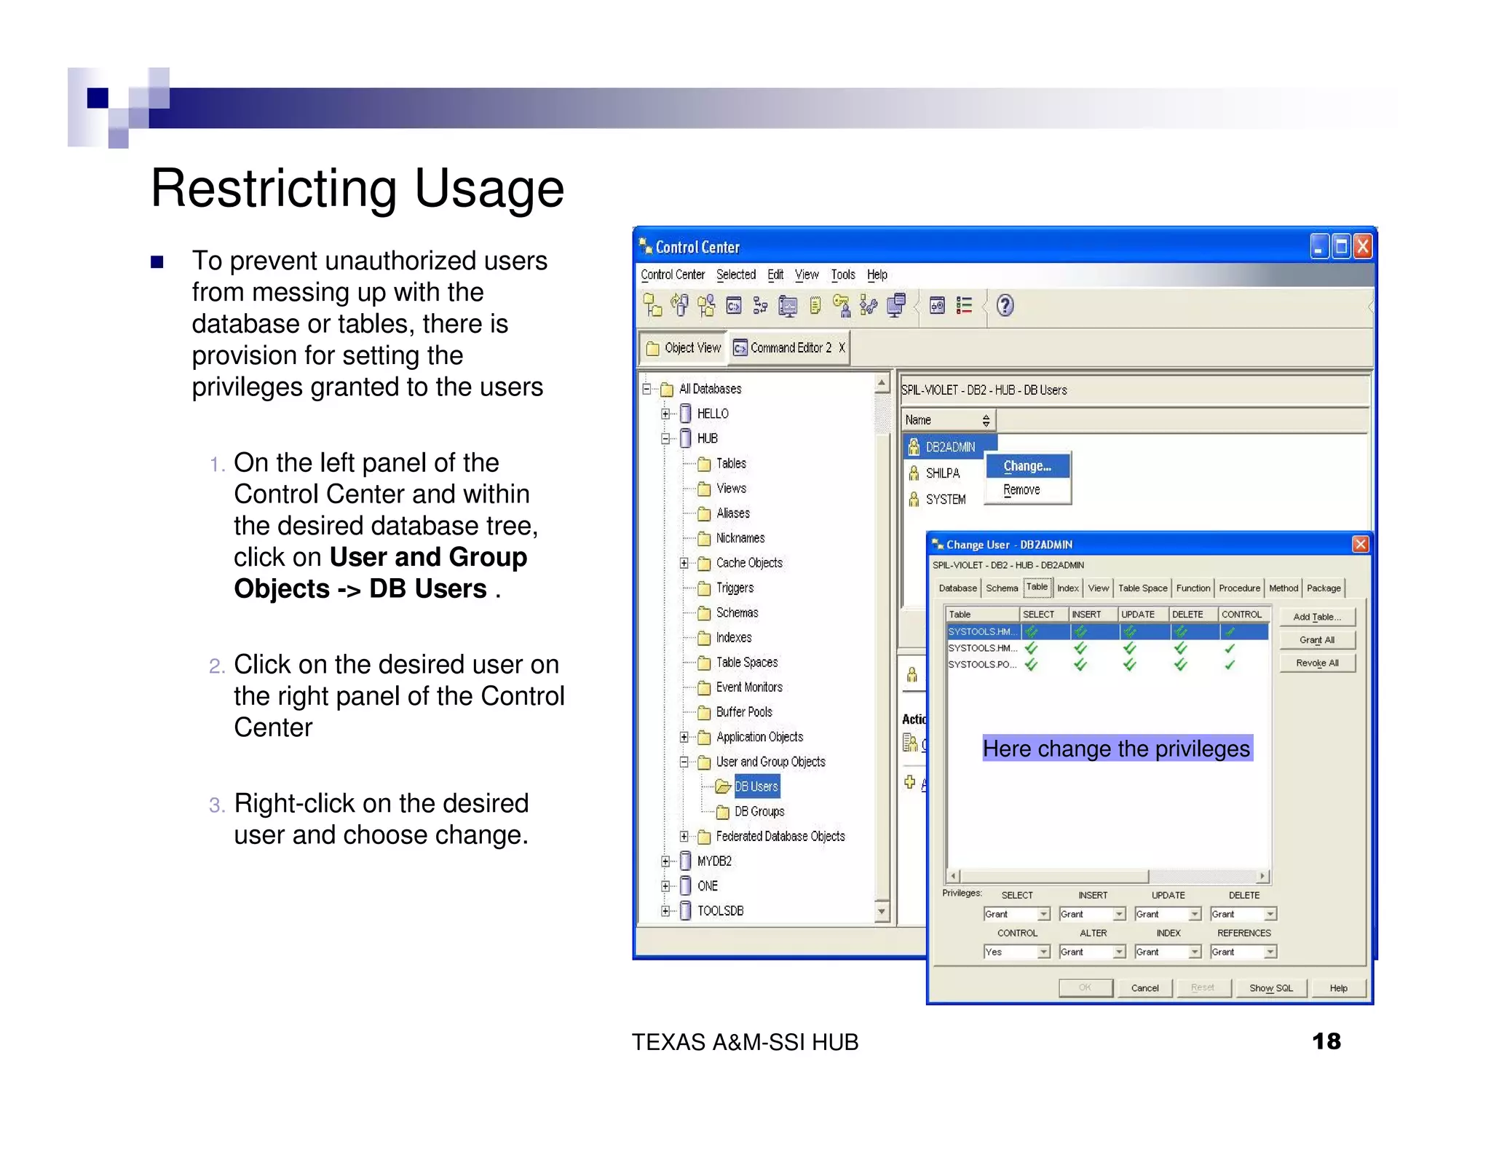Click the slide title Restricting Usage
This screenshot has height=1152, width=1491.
357,188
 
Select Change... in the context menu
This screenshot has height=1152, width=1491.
1027,466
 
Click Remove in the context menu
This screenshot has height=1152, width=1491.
1021,490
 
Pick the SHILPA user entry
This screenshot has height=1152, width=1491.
942,473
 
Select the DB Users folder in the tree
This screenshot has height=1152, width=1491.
756,786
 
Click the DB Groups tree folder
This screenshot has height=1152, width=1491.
759,811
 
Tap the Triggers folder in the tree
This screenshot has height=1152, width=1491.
734,588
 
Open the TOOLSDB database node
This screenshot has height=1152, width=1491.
719,910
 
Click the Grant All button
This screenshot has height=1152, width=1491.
1316,640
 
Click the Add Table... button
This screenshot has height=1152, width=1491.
1316,617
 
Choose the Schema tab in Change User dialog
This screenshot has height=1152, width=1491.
1002,588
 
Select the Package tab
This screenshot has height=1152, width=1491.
1323,588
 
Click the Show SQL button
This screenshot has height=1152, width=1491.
1270,988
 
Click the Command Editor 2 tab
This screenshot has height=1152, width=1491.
790,348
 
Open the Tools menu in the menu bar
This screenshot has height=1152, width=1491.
842,275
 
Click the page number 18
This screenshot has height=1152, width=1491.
1326,1041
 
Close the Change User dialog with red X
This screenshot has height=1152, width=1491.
1360,544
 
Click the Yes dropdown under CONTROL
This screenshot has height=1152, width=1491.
1016,952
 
